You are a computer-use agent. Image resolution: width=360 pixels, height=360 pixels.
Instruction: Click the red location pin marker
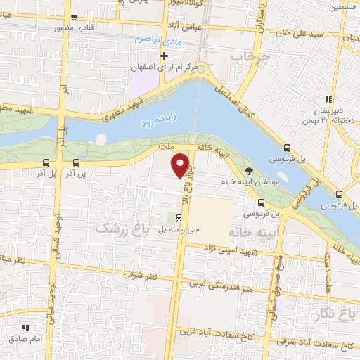[181, 165]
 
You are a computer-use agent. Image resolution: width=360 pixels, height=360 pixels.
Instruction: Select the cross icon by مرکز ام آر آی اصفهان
[163, 56]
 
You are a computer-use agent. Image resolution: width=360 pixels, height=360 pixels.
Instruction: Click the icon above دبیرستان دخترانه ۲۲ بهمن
[328, 99]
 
